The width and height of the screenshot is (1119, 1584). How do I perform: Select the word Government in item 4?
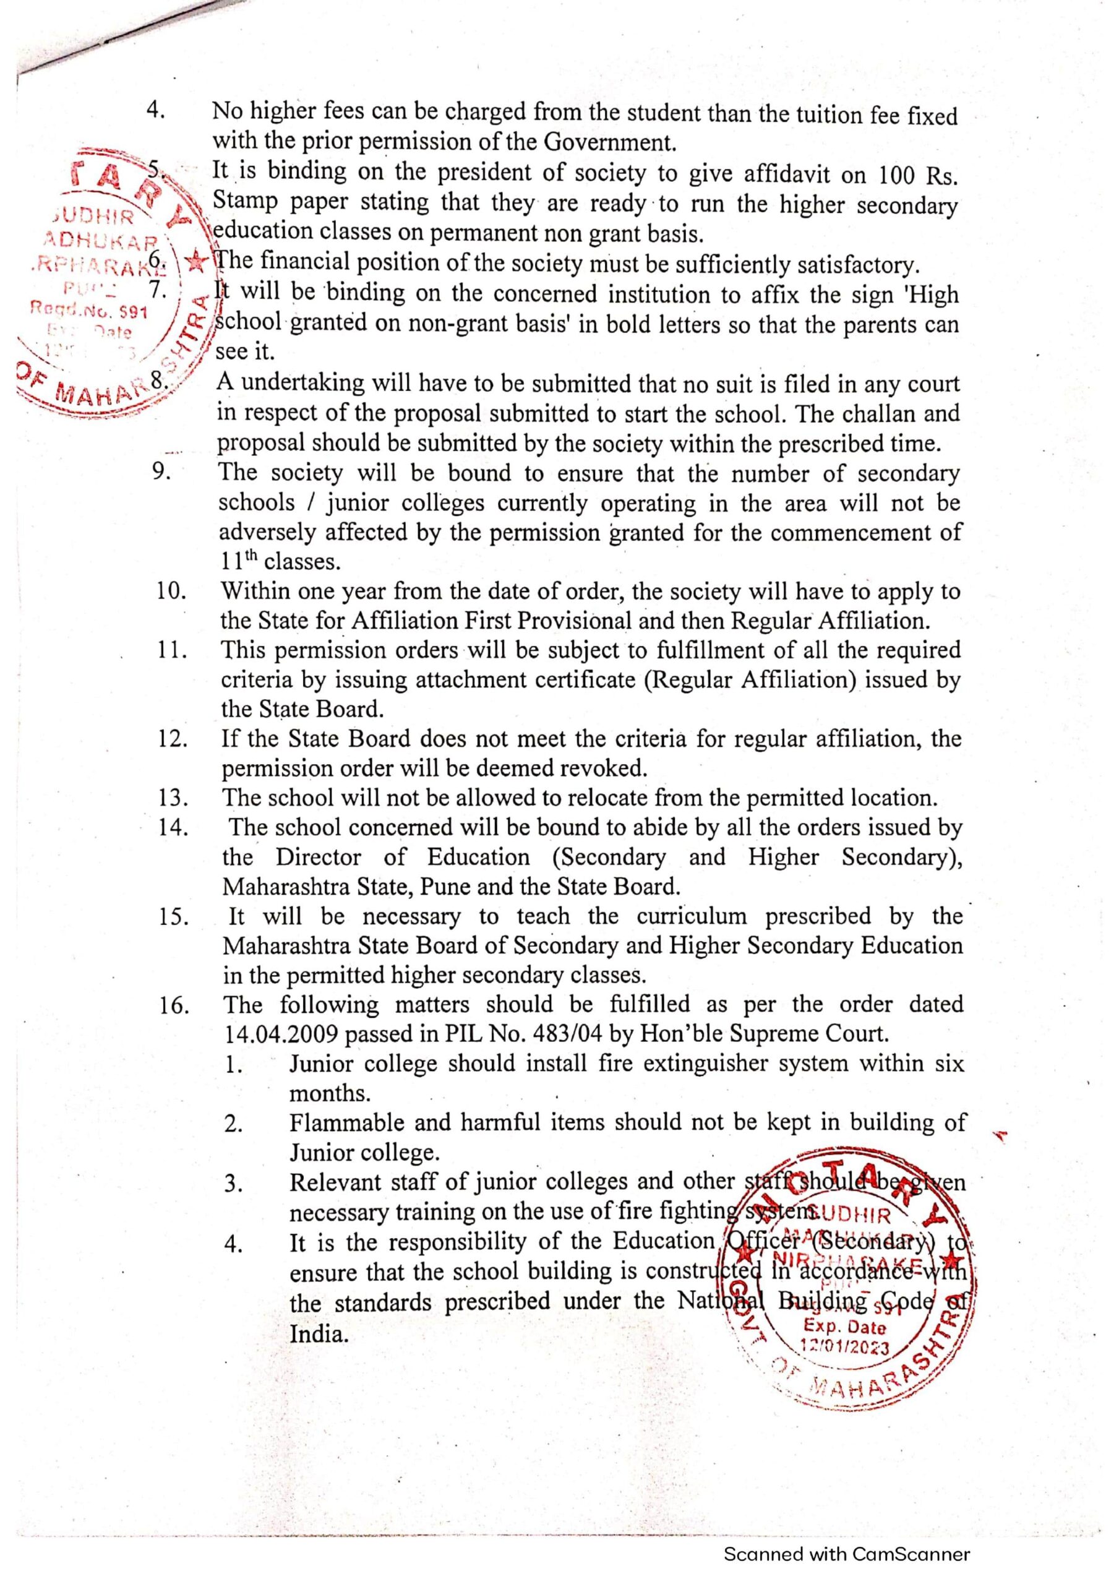pyautogui.click(x=608, y=142)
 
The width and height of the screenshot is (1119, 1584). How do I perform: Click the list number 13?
pyautogui.click(x=173, y=798)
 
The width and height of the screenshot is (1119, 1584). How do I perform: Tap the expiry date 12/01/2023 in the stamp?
pyautogui.click(x=844, y=1345)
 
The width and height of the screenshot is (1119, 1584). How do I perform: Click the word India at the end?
pyautogui.click(x=319, y=1334)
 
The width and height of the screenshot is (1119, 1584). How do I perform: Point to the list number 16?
pyautogui.click(x=174, y=1006)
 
